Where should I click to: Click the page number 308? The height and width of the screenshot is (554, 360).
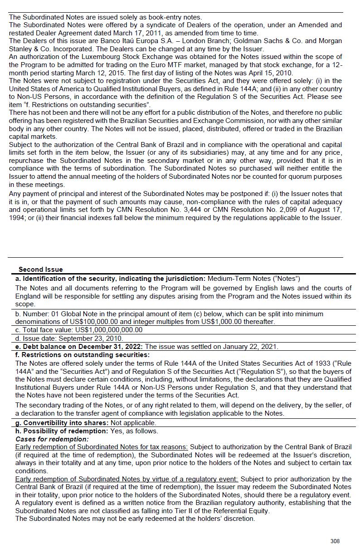(335, 541)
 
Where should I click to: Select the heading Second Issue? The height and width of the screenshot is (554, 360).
(41, 270)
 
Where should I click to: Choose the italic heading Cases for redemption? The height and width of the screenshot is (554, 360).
(52, 439)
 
